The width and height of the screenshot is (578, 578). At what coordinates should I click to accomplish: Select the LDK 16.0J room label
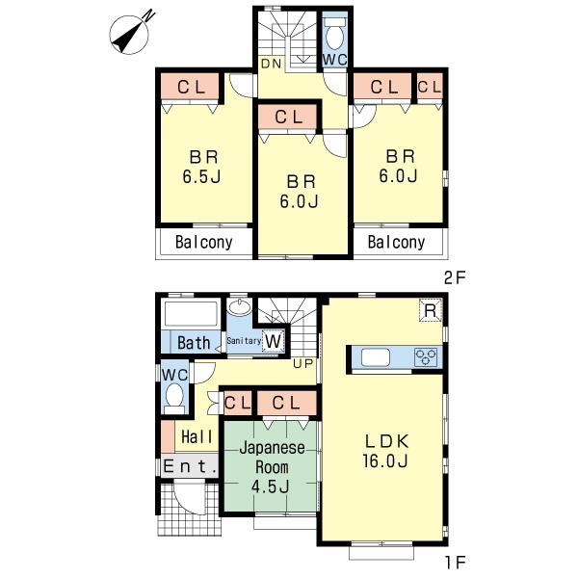tap(386, 451)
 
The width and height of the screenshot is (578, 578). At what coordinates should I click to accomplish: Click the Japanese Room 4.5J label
tap(271, 468)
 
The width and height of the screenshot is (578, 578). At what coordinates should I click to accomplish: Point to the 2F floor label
tap(455, 277)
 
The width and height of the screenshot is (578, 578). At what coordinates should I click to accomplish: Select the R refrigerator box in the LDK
tap(431, 310)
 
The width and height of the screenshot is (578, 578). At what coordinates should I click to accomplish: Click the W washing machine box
tap(273, 341)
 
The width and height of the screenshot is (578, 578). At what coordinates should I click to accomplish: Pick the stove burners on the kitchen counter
tap(425, 357)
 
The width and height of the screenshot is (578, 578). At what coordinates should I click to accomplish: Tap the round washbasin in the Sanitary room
tap(241, 309)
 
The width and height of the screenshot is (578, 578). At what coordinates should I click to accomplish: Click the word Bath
tap(194, 342)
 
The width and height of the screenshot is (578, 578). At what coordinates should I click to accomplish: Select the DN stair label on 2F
tap(270, 65)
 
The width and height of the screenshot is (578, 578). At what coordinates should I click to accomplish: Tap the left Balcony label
tap(203, 243)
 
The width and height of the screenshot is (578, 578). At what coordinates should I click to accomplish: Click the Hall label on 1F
tap(197, 436)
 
